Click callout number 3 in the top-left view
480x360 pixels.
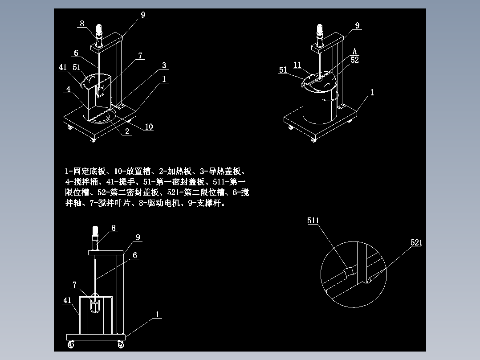point(164,65)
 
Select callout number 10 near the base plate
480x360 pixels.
point(149,127)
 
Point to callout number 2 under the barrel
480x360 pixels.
point(127,131)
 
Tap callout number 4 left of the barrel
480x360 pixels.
point(69,89)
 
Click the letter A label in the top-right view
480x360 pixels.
point(355,52)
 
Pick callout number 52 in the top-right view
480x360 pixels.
point(354,60)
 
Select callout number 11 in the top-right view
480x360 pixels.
point(298,65)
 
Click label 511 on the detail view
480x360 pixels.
point(313,221)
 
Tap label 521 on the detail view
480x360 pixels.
point(416,242)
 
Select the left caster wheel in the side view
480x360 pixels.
point(71,344)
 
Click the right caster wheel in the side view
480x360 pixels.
point(121,344)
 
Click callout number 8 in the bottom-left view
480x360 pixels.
point(114,228)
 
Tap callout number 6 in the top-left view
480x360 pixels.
point(76,53)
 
